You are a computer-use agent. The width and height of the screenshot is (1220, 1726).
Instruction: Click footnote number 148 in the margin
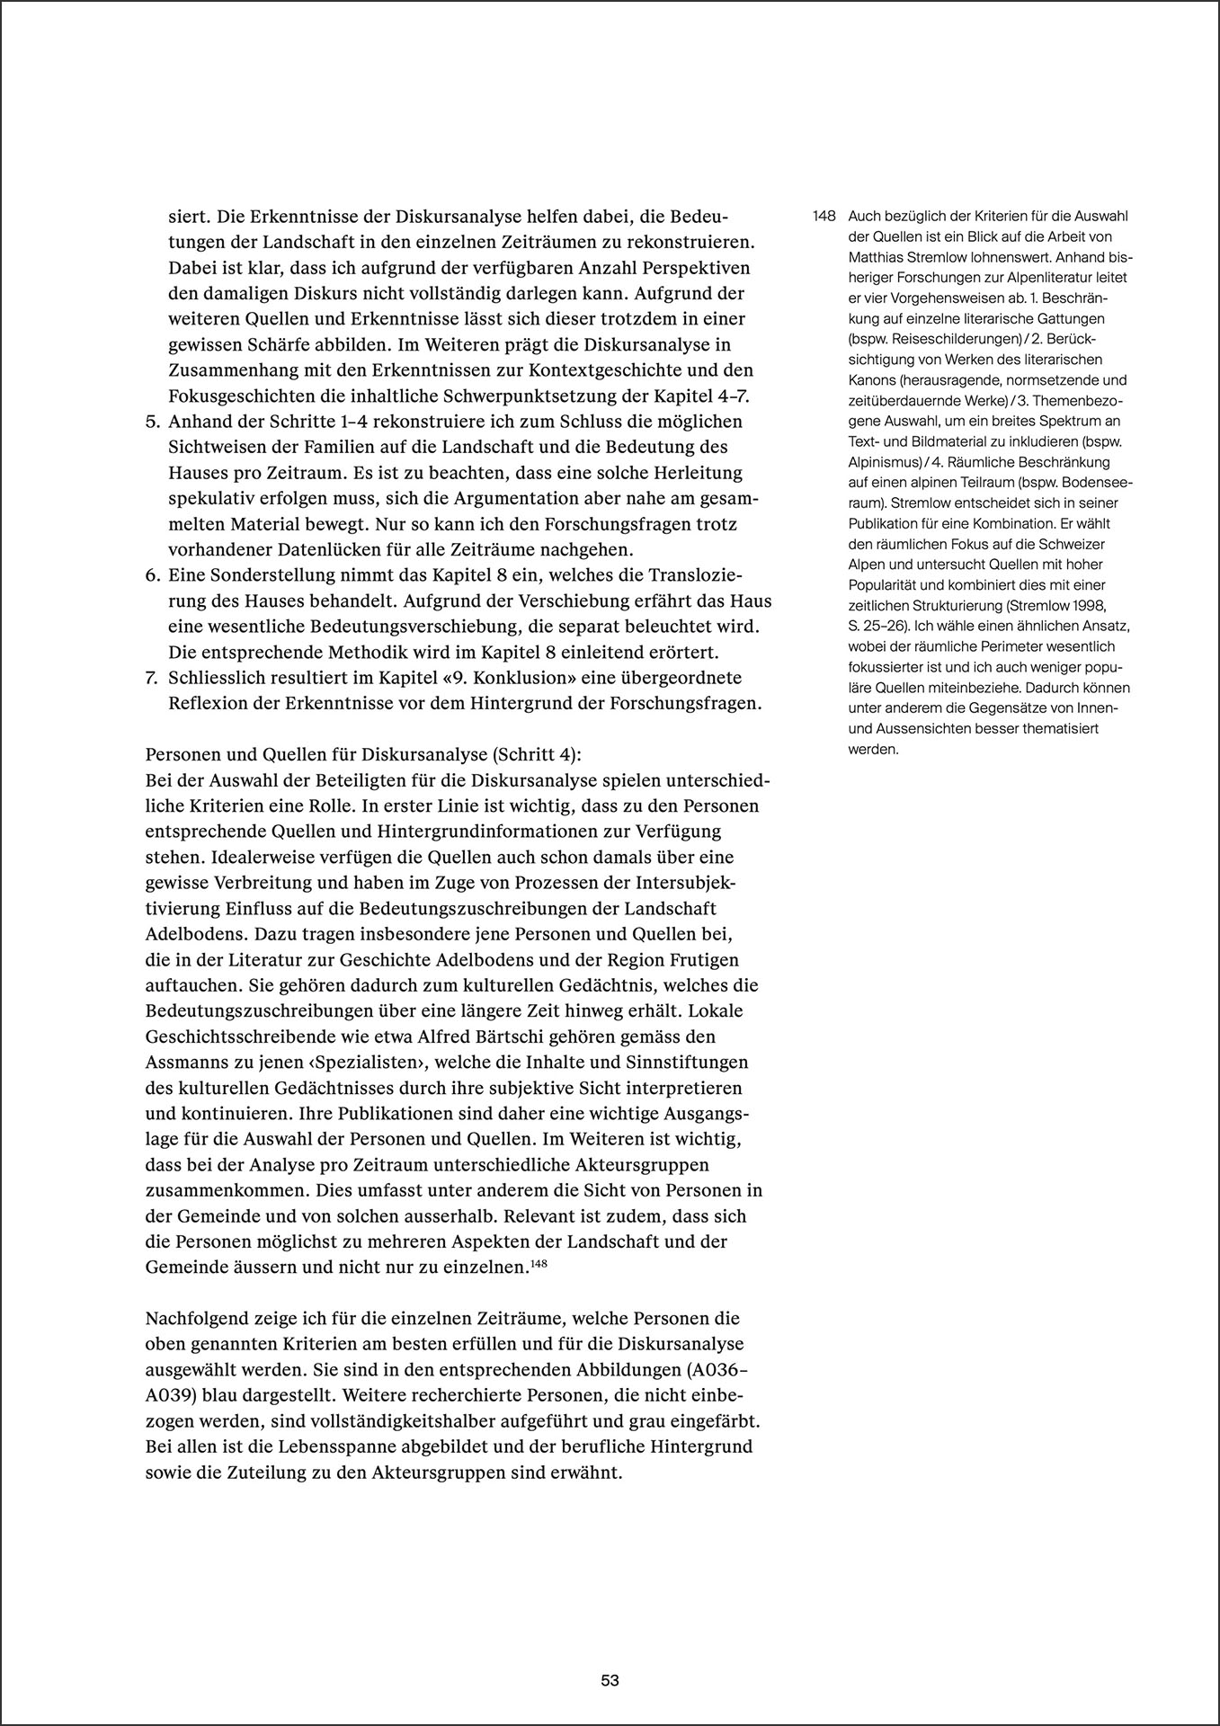coord(824,217)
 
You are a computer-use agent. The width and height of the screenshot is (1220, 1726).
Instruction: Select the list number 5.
coord(152,422)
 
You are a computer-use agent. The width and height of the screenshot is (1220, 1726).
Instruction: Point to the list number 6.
coord(152,574)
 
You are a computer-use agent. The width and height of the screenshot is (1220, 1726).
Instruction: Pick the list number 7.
coord(152,677)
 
